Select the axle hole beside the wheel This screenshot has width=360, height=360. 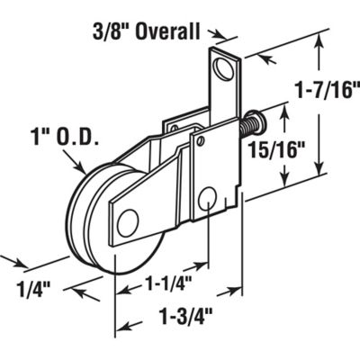pos(128,220)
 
